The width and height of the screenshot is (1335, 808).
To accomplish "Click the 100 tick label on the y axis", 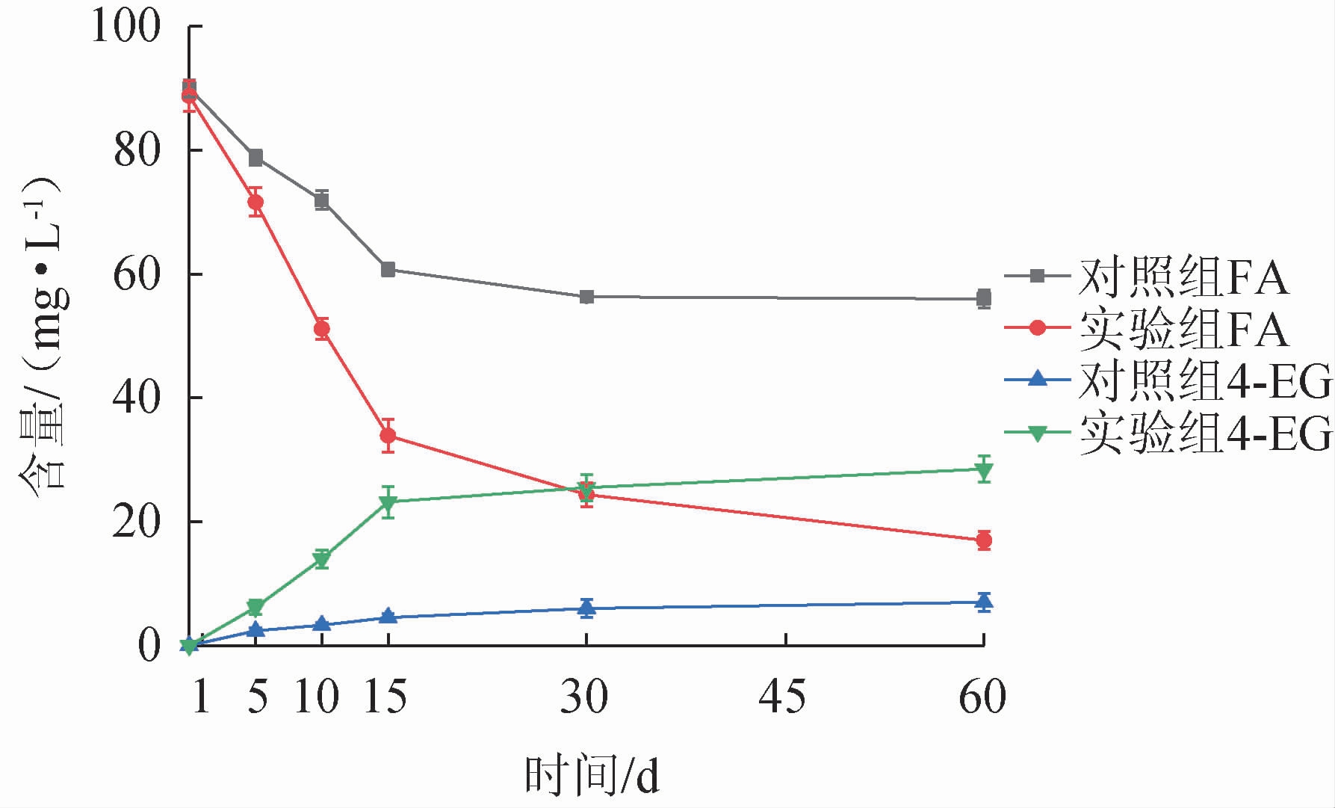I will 125,27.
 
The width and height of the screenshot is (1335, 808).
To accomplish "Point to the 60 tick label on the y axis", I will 136,275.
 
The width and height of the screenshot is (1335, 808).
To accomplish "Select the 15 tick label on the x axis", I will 385,697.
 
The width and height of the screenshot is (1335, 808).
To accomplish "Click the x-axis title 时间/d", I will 592,776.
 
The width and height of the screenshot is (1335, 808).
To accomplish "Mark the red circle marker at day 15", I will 388,435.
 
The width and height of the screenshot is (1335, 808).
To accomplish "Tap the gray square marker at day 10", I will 322,200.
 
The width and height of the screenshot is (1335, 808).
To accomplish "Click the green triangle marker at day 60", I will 984,470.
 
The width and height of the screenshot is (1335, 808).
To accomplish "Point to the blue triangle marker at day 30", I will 586,608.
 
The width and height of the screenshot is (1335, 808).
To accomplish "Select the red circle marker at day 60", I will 984,540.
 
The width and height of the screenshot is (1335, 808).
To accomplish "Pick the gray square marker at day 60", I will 984,298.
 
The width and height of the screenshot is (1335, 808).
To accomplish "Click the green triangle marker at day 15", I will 388,503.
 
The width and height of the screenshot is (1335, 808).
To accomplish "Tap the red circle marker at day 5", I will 255,202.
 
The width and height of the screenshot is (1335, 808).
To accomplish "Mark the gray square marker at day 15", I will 388,270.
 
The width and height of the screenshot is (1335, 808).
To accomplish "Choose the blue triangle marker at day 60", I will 984,601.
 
